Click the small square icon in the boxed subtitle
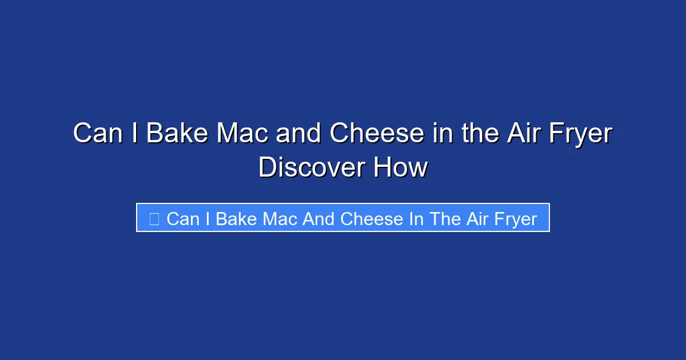154,218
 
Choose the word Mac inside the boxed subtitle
278,218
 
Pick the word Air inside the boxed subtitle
477,218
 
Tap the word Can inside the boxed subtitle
183,218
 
